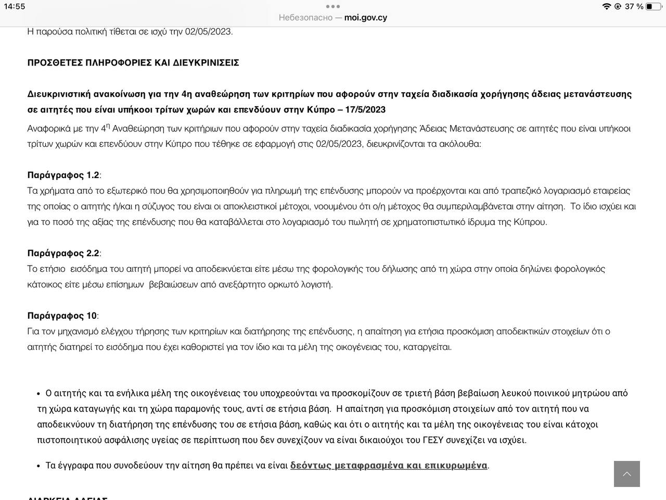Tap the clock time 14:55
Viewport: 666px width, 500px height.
click(15, 6)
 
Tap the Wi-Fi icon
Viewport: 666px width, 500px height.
click(606, 6)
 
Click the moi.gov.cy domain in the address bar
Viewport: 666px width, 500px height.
click(365, 18)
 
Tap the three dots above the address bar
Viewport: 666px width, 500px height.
click(333, 6)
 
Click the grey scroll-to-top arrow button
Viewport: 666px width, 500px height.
click(626, 474)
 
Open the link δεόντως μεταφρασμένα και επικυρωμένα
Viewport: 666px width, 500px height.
click(389, 465)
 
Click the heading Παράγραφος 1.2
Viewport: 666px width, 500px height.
click(63, 175)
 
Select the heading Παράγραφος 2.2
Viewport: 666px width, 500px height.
click(63, 253)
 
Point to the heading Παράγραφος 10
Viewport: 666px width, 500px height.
click(62, 316)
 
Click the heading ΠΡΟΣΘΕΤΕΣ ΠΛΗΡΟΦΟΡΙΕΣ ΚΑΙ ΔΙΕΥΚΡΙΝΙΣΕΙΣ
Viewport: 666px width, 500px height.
click(133, 63)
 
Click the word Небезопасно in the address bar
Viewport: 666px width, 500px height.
click(305, 18)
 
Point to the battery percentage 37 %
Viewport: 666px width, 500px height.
click(634, 6)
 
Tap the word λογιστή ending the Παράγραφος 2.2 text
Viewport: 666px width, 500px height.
click(317, 284)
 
